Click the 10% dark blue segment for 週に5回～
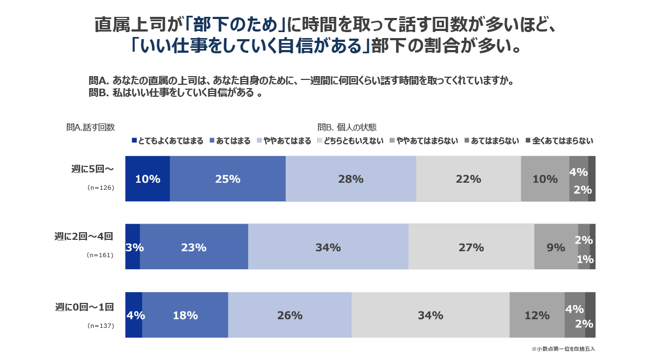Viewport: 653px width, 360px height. (147, 179)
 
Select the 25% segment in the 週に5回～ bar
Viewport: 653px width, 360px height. (227, 179)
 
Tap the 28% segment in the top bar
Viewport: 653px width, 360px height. (350, 179)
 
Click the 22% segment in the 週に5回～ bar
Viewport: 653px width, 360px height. (469, 179)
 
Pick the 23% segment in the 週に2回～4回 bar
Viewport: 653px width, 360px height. (194, 247)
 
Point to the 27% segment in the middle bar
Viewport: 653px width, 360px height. (471, 247)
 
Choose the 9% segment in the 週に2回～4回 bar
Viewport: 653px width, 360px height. (556, 247)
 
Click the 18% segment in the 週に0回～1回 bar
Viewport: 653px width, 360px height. (185, 315)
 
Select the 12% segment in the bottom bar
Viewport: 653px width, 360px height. (537, 315)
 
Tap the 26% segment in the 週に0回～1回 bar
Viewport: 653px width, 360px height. (289, 315)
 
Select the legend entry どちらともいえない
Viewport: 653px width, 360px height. (350, 141)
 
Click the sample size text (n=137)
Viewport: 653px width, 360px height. (100, 326)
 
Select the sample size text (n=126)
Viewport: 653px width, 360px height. (100, 187)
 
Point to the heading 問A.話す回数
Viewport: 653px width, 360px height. (90, 127)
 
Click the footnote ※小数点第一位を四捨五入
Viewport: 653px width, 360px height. (567, 349)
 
